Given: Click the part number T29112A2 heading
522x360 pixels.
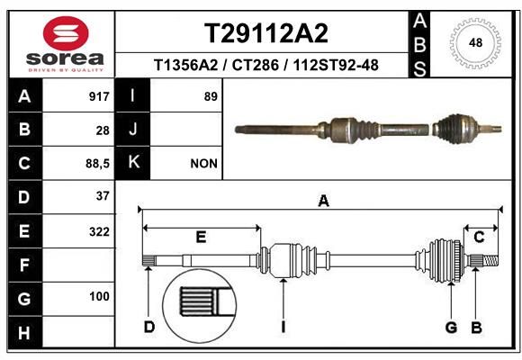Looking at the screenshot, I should point(265,33).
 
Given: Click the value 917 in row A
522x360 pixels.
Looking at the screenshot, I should point(99,96).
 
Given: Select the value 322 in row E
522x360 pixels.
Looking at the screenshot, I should point(99,230).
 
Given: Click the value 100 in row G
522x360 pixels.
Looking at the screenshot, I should point(99,296).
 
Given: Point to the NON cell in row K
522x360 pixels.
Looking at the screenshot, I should point(203,163).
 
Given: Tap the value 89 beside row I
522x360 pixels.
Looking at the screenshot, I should point(211,96).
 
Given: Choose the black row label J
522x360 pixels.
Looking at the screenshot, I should point(133,130).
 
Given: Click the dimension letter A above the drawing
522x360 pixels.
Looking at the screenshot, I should point(323,202).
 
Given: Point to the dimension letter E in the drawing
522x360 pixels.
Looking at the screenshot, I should point(202,237).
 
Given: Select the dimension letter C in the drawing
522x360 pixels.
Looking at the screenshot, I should point(480,237).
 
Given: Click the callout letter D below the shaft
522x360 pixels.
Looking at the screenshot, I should point(148,327).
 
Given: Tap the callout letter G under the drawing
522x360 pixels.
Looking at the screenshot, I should point(451,327).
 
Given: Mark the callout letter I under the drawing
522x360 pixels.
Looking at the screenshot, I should point(283,327).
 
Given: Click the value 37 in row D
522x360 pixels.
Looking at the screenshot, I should point(102,196).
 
